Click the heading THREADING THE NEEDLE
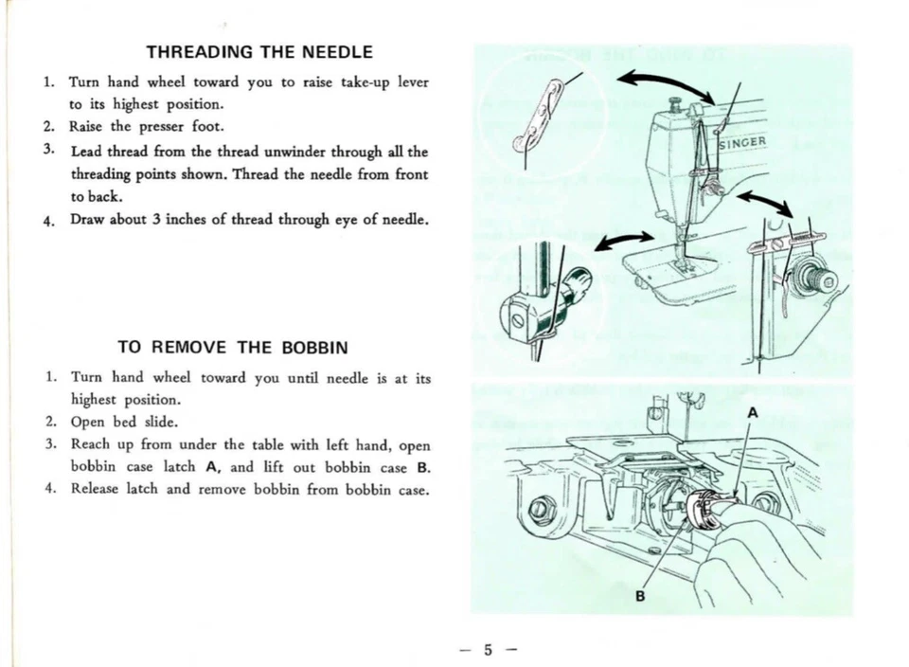pyautogui.click(x=259, y=52)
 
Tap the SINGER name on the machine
pyautogui.click(x=742, y=143)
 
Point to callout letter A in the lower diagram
pyautogui.click(x=752, y=412)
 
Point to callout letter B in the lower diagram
pyautogui.click(x=640, y=596)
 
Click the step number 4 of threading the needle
pyautogui.click(x=47, y=222)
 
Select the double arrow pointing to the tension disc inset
pyautogui.click(x=766, y=201)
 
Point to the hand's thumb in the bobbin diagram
pyautogui.click(x=748, y=526)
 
